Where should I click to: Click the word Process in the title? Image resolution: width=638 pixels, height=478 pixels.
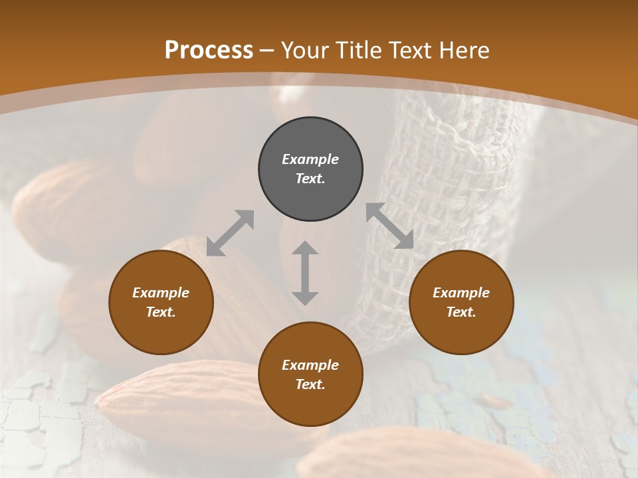209,50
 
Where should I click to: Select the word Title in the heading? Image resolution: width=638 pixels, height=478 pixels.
361,50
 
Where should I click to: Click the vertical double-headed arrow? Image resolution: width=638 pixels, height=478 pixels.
305,273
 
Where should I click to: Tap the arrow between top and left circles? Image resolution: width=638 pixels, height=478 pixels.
230,233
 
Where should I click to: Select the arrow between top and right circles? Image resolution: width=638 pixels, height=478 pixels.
390,226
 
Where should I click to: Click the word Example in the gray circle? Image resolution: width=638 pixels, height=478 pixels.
310,159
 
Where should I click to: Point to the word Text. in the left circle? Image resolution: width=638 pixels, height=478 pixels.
161,312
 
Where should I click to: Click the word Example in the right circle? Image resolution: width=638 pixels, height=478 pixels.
461,293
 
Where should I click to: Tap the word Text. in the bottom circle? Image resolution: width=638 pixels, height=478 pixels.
310,384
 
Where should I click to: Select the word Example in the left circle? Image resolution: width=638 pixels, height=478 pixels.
161,293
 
